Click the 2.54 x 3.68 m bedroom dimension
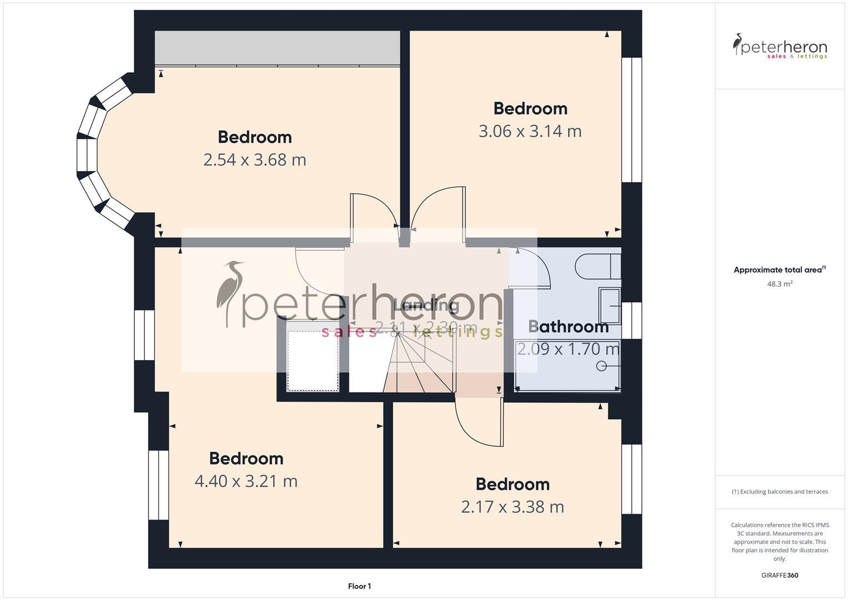(x=254, y=160)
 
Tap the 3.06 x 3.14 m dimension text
(x=530, y=132)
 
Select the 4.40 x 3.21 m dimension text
(x=245, y=481)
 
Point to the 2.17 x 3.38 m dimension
(x=512, y=507)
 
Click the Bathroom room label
(x=568, y=327)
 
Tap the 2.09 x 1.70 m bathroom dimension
(x=568, y=349)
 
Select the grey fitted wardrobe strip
(x=277, y=48)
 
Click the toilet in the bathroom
(x=597, y=267)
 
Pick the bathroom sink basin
(x=610, y=306)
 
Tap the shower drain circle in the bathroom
(x=601, y=366)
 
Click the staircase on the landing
(x=419, y=361)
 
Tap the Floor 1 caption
(x=359, y=586)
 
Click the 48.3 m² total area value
(x=780, y=284)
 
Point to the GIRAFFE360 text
(x=780, y=575)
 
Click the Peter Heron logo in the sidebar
(x=780, y=46)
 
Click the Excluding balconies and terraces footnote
(x=780, y=492)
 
